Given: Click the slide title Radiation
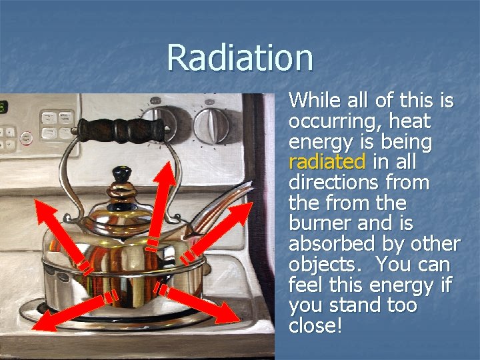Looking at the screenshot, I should coord(240,57).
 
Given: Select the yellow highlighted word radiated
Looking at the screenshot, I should coord(327,162).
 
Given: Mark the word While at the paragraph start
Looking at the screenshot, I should coord(317,101).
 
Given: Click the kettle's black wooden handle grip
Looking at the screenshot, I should coord(120,129).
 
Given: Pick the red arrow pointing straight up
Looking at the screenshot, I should coord(163,200).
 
